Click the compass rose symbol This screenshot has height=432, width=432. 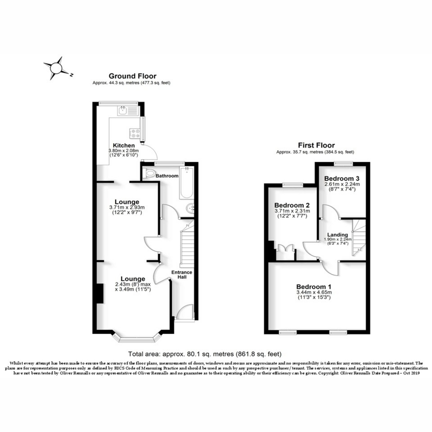coord(56,68)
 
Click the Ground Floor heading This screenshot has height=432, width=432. coord(132,76)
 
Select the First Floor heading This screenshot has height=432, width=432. coord(316,145)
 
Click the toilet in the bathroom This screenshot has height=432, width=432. coord(149,173)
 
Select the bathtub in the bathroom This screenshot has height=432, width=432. coord(186,183)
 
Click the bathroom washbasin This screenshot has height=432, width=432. coord(190,209)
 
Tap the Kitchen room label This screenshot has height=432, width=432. coord(124,145)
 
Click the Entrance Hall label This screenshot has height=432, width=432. coord(182,274)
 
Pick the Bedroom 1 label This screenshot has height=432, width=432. coord(314,287)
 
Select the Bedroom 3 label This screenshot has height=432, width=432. coord(342,179)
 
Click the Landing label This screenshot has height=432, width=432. coord(337,235)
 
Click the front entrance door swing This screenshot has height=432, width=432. coord(184,312)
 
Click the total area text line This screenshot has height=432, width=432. coord(204,354)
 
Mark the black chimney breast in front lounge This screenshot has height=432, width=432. coord(100,293)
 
